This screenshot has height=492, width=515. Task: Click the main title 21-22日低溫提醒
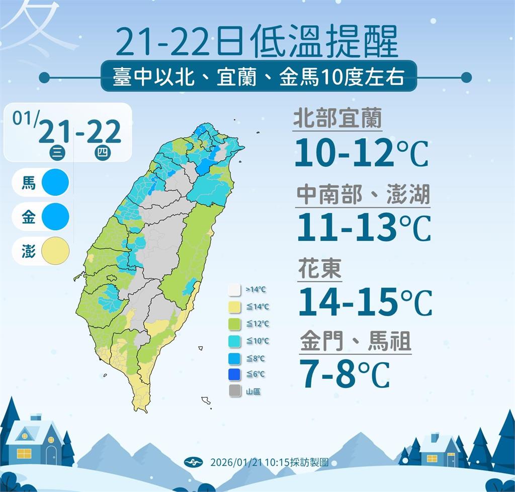[256, 42]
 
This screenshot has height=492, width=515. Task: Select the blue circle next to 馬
[55, 182]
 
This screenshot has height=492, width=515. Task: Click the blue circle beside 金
[55, 217]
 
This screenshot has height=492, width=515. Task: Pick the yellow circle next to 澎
[55, 251]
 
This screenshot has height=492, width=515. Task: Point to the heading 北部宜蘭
[337, 119]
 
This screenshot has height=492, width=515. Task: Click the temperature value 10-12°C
[361, 152]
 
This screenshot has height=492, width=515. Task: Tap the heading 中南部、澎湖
[363, 194]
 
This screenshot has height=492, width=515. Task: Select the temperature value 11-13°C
[364, 228]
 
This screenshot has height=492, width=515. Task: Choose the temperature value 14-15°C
[365, 302]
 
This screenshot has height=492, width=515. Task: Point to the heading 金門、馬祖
[356, 342]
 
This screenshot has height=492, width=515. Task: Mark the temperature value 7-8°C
[345, 373]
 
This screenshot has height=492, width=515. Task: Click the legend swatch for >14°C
[234, 290]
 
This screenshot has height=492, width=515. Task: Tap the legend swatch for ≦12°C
[234, 324]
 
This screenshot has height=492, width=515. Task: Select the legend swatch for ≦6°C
[234, 374]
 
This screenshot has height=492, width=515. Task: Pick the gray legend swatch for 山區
[234, 390]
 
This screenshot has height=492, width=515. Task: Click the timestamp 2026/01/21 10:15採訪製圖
[269, 462]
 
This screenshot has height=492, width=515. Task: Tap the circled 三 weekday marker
[57, 154]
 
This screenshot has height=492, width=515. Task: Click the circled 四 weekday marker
[103, 154]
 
